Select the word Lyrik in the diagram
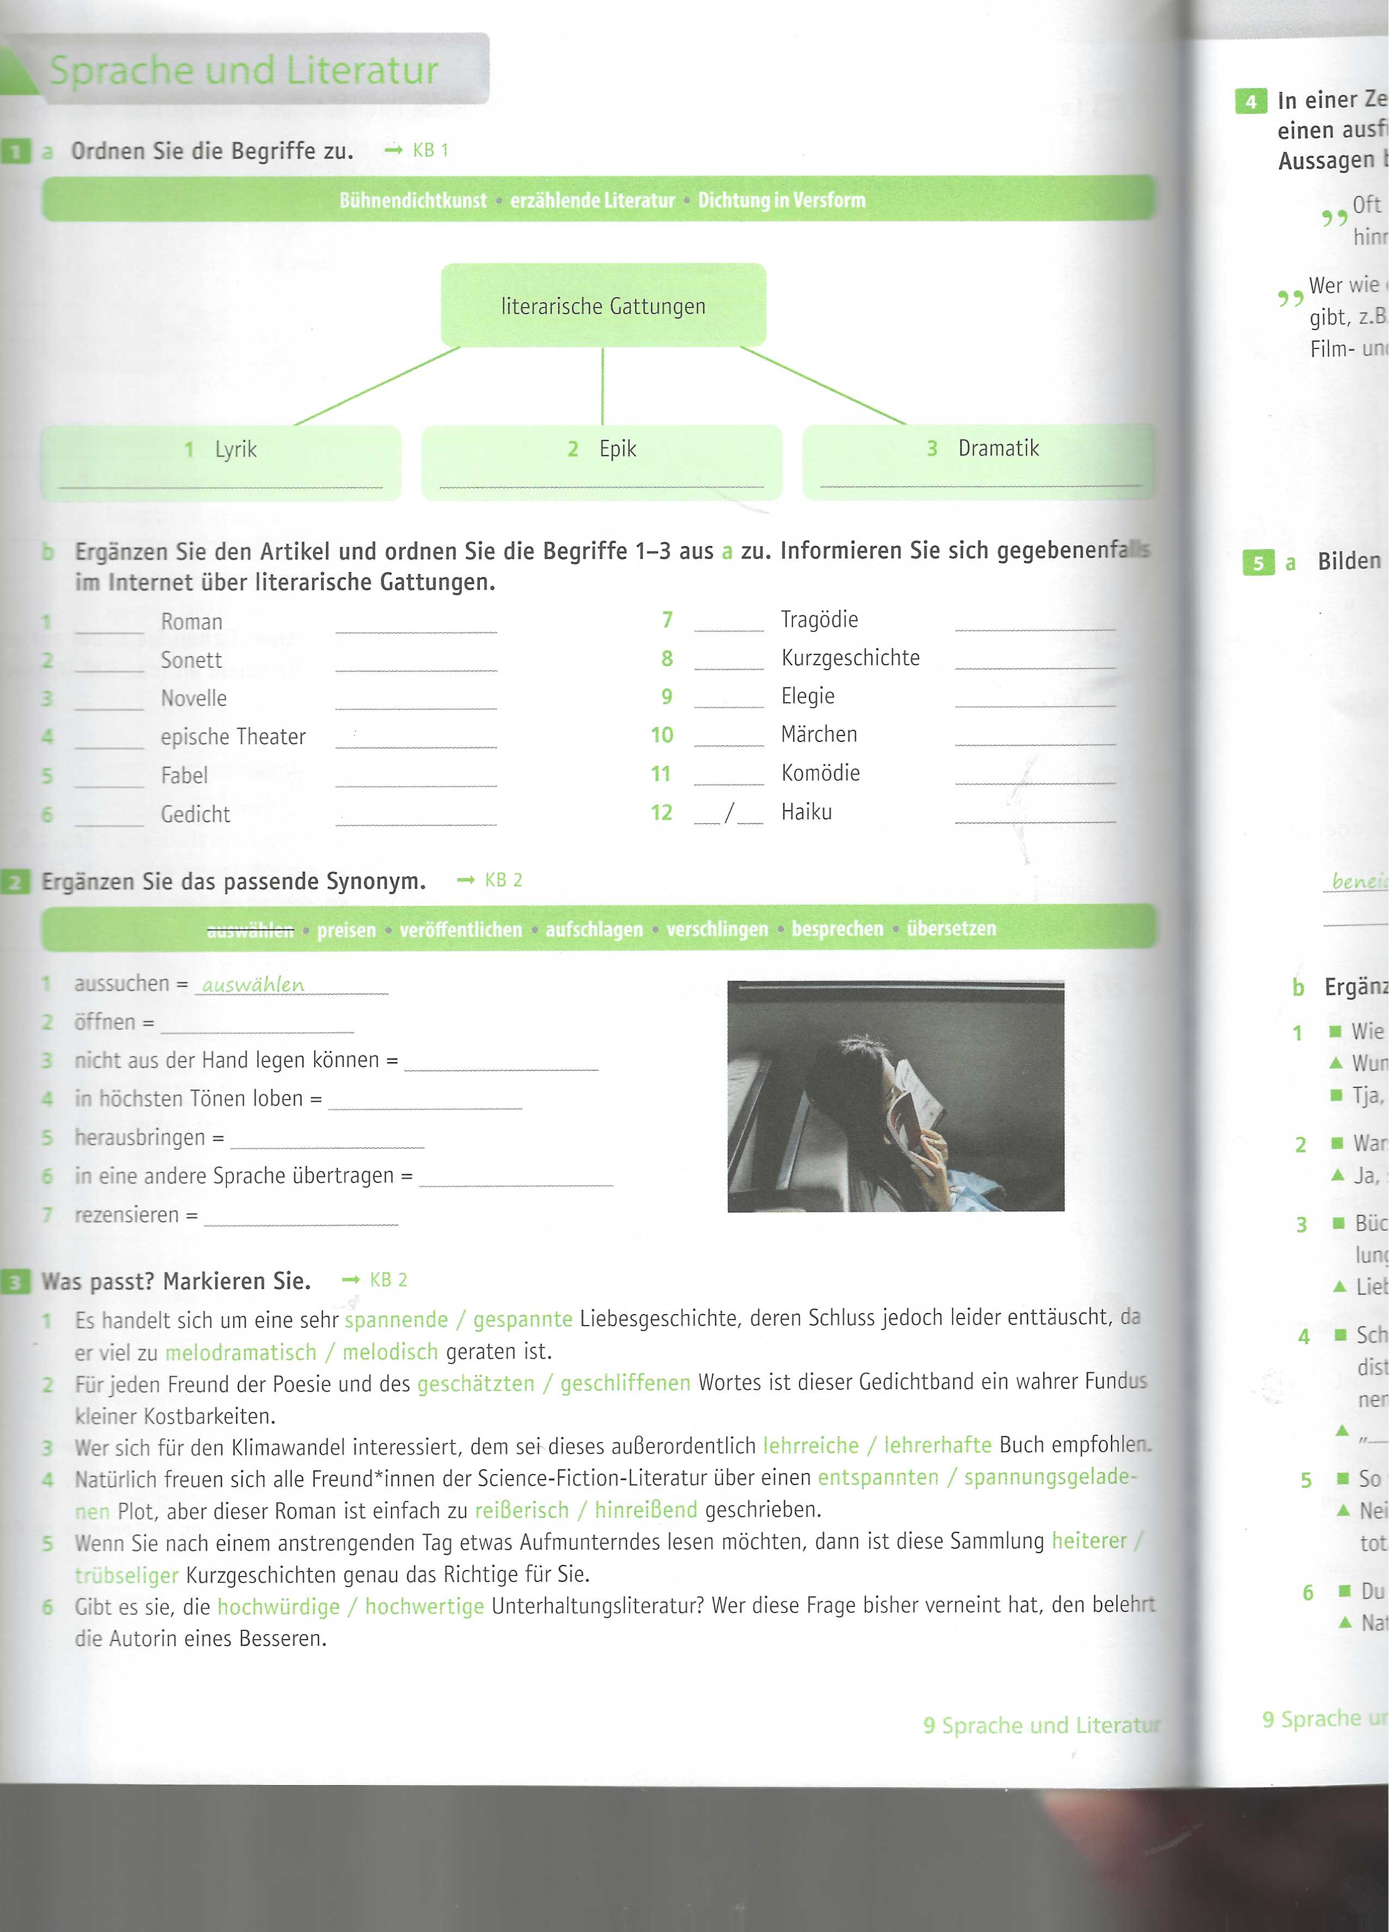tap(235, 449)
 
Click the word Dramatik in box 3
tap(998, 448)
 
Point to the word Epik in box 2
tap(617, 449)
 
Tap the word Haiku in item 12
tap(806, 812)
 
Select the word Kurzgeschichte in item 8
tap(850, 658)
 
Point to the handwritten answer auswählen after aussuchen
tap(253, 985)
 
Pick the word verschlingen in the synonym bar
tap(717, 929)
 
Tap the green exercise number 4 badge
tap(1250, 101)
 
